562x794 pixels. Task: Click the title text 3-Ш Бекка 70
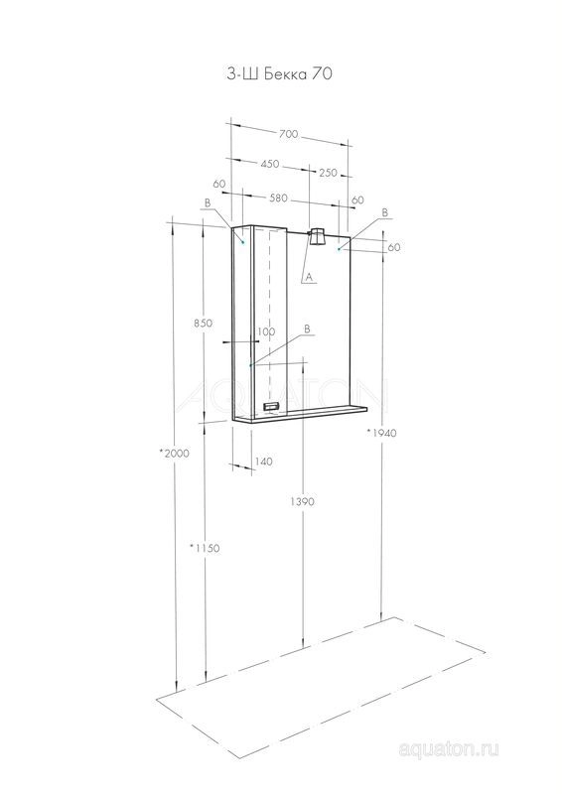point(279,73)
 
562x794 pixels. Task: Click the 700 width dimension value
point(288,134)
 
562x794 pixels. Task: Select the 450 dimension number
point(270,164)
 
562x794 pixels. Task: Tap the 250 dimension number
point(328,172)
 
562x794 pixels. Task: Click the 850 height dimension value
point(203,323)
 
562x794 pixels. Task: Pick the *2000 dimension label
point(174,454)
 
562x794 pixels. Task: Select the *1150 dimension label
point(205,548)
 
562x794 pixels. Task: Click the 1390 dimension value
point(302,501)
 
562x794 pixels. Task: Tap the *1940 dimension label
point(381,433)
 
